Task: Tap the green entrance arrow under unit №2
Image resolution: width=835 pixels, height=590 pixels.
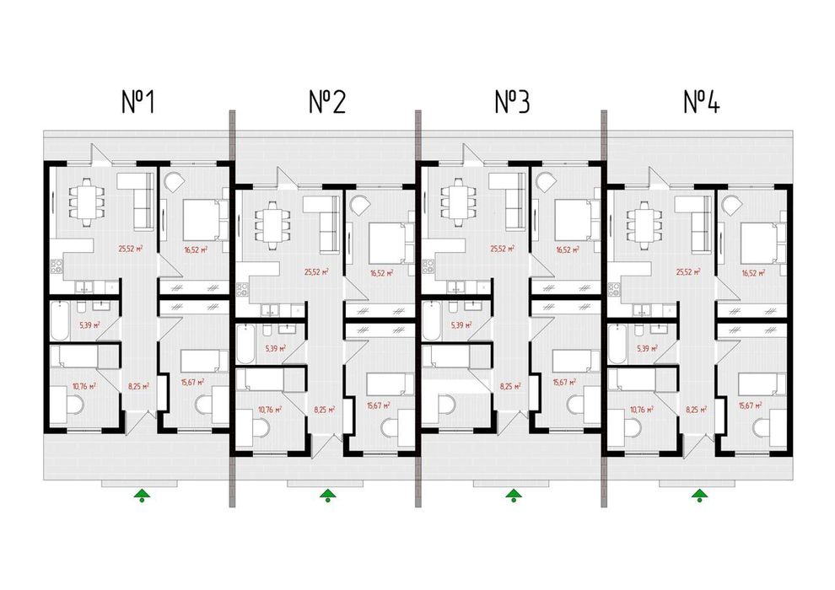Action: click(x=326, y=494)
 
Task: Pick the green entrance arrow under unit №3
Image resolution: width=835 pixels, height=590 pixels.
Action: click(x=512, y=494)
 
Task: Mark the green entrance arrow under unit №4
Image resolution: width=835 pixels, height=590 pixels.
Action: click(x=699, y=494)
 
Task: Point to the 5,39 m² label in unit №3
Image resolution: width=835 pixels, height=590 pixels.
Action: click(x=460, y=324)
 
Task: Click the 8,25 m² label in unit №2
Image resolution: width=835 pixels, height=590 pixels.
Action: click(x=325, y=410)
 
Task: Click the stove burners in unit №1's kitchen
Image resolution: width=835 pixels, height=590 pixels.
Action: click(x=56, y=268)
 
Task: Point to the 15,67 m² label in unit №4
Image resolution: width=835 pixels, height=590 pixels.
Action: click(x=751, y=405)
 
